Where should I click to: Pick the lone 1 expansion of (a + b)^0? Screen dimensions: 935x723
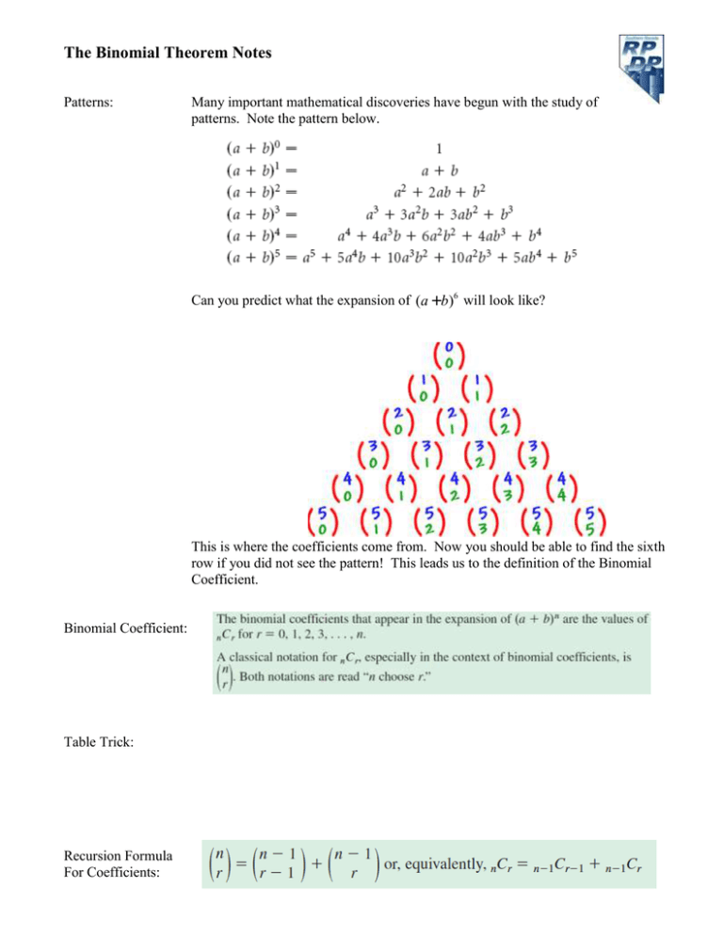[x=439, y=148]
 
